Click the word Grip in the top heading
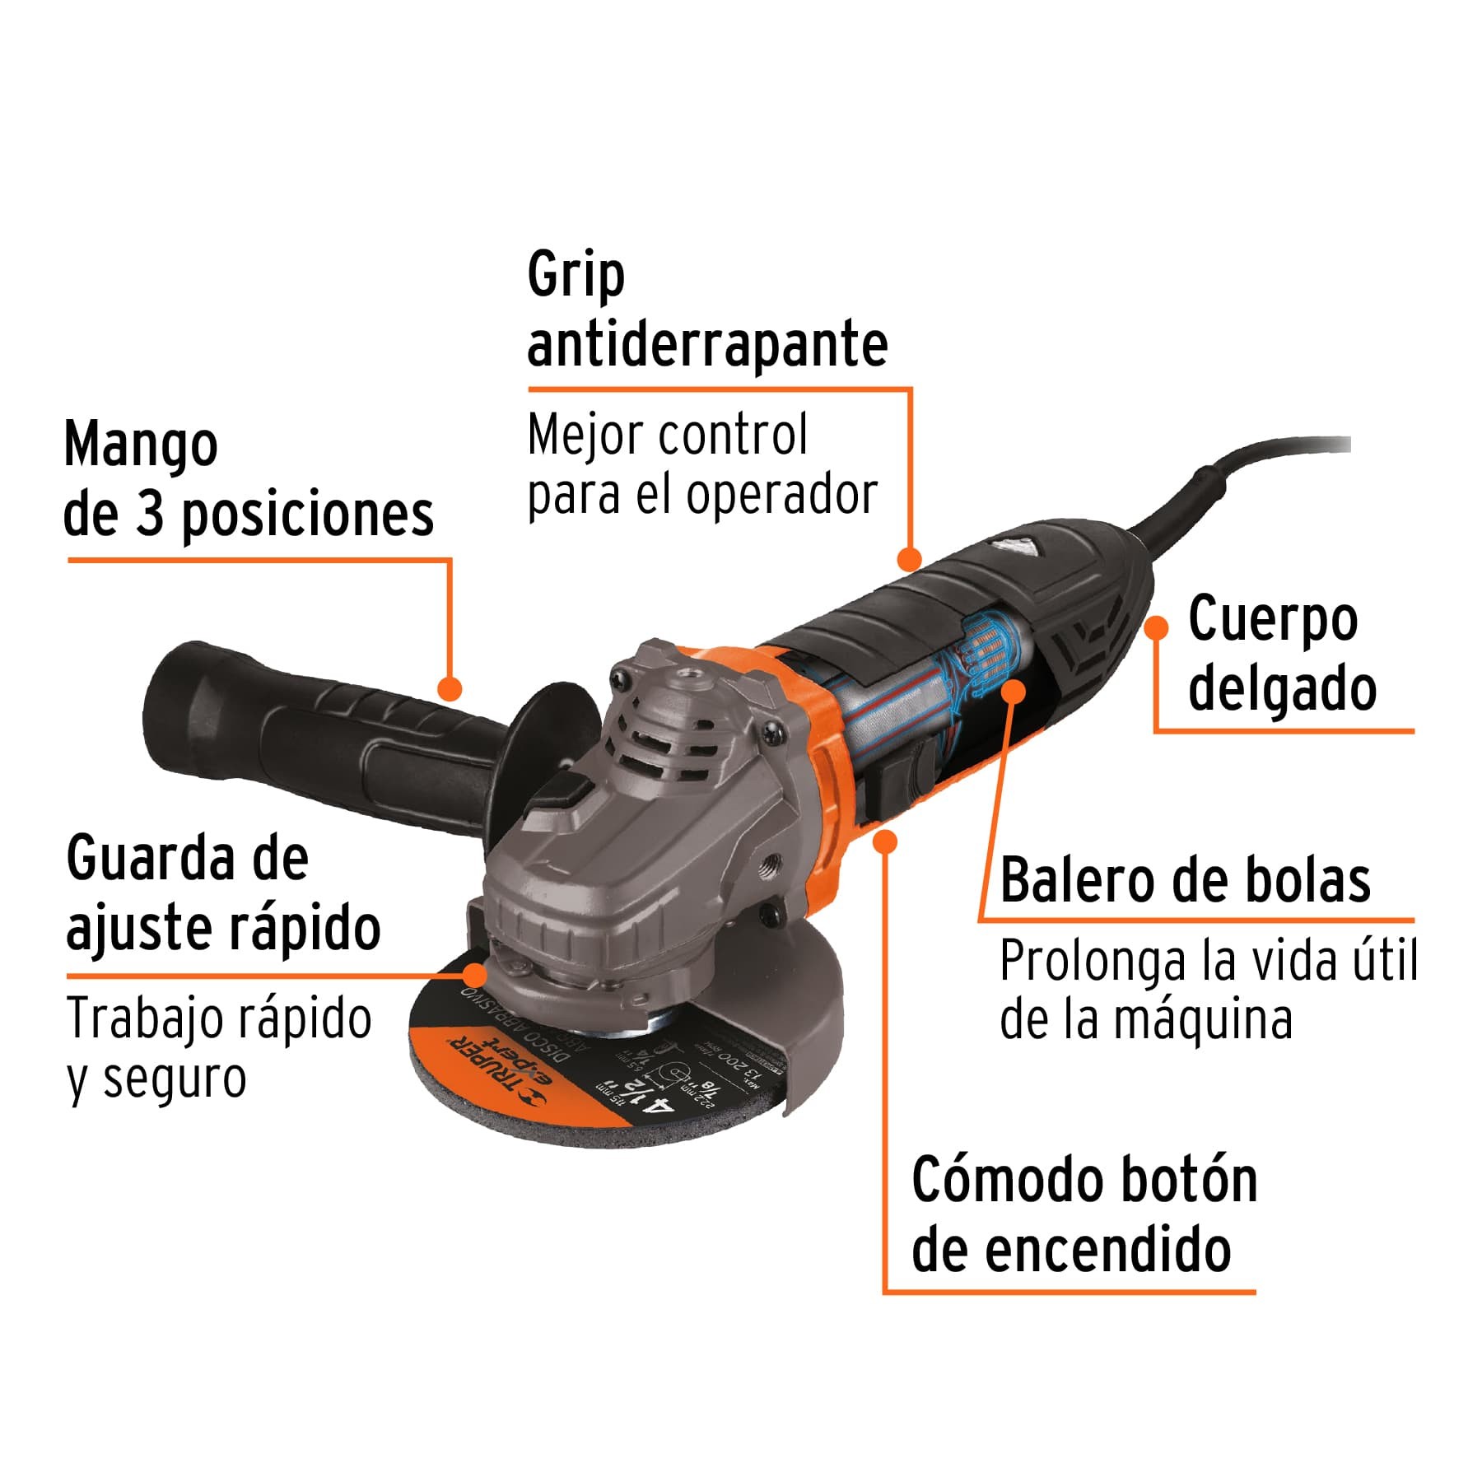tap(576, 276)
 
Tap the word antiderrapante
tap(707, 344)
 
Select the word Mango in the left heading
tap(141, 445)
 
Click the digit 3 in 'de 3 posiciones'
tap(150, 515)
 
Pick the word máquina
tap(1202, 1020)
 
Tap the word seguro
tap(175, 1079)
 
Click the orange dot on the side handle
tap(450, 688)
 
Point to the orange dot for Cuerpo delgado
tap(1157, 627)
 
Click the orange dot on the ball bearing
tap(1014, 690)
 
